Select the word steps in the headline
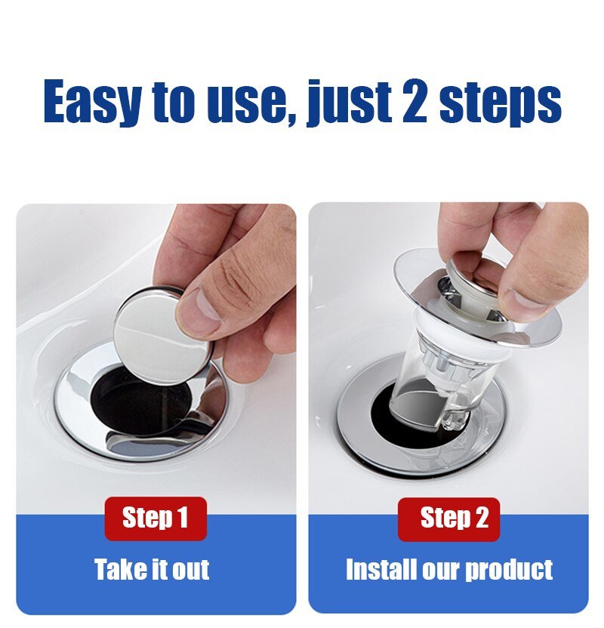tap(501, 103)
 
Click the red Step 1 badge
tap(156, 519)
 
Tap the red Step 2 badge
tap(448, 519)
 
